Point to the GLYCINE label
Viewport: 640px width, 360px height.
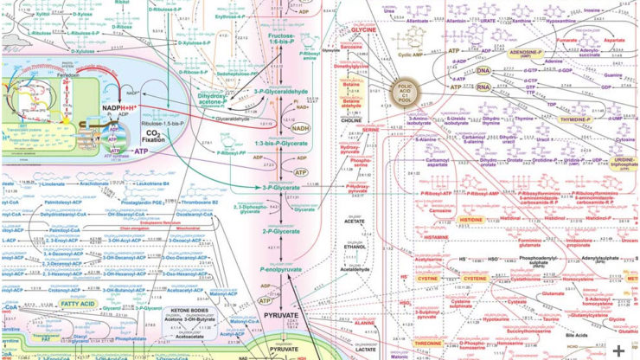tap(363, 29)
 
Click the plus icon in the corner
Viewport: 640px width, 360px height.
tap(619, 349)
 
